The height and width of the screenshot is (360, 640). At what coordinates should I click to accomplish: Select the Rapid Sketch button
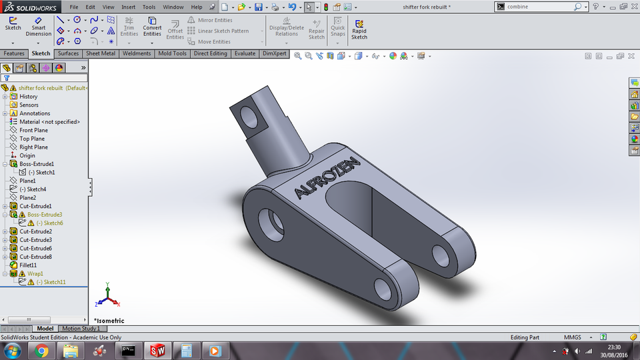359,29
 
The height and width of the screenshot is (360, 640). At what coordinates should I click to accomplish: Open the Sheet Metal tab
100,53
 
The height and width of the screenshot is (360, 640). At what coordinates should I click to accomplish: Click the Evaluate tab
245,53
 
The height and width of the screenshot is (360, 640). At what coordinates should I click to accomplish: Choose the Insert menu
128,7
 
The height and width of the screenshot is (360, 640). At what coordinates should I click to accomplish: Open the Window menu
173,7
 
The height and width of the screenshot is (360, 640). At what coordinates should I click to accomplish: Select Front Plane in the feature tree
33,130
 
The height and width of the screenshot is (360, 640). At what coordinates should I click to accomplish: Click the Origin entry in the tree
27,155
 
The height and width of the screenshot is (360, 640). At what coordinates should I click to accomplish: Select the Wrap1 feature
35,273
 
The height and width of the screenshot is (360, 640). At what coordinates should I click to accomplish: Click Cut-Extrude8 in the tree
35,257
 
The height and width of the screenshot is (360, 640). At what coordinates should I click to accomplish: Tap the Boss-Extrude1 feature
37,164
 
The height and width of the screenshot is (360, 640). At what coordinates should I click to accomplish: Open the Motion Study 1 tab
81,329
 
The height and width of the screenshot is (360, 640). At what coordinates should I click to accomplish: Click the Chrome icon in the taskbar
41,350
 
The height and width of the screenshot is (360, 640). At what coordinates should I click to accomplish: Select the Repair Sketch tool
317,29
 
